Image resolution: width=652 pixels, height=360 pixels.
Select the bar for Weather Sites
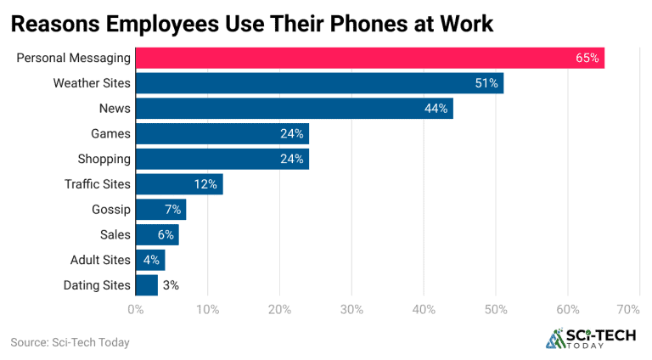tap(318, 83)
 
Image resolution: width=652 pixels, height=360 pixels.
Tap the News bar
tap(293, 109)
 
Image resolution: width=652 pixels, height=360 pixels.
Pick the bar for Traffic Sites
tap(178, 184)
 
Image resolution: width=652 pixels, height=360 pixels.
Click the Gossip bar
tap(160, 210)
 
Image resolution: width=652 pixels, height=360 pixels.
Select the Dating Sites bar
tap(146, 285)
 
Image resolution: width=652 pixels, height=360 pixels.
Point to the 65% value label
tap(587, 59)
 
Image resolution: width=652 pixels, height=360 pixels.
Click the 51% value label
tap(486, 83)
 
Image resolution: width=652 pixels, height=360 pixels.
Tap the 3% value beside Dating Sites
tap(170, 285)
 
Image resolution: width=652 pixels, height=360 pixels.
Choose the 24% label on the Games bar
tap(291, 134)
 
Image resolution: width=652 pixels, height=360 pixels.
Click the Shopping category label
tap(104, 159)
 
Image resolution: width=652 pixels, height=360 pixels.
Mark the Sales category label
tap(115, 234)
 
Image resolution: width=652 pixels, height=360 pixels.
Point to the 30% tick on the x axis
tap(351, 310)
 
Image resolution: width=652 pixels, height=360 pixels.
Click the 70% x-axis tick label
tap(628, 310)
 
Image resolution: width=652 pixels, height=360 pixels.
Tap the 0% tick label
tap(135, 310)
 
